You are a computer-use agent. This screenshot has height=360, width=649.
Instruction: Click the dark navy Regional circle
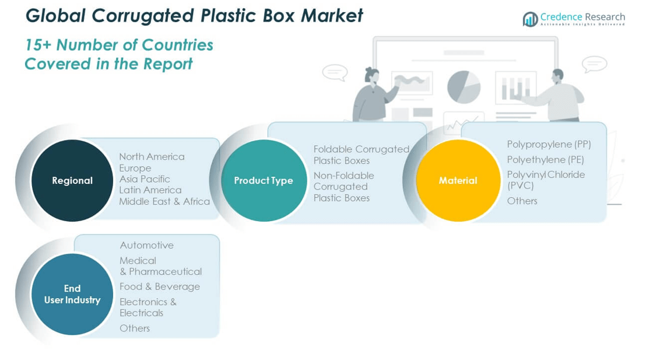(x=72, y=180)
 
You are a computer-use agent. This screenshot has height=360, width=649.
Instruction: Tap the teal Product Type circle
(x=264, y=180)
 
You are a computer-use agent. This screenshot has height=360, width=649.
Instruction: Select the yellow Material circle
(x=458, y=180)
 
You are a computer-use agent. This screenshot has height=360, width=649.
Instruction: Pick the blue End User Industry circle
(x=72, y=294)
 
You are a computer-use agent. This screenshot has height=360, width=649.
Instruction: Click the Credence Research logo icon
(x=530, y=19)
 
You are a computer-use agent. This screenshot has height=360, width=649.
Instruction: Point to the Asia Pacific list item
(x=145, y=179)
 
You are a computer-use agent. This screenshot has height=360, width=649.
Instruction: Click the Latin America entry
(x=150, y=190)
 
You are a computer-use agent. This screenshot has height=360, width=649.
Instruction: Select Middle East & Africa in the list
(x=164, y=201)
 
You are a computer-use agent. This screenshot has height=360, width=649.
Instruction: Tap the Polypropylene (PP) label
(x=549, y=144)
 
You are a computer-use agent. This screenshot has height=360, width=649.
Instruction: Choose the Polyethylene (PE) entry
(x=545, y=159)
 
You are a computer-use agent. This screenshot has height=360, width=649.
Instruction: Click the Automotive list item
(x=146, y=245)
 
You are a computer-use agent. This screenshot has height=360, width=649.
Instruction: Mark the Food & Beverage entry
(x=159, y=286)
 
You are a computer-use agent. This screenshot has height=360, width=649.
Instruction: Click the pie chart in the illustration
(x=464, y=86)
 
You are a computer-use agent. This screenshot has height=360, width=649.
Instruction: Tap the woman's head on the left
(x=372, y=75)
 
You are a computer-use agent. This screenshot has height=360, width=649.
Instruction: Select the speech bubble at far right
(x=594, y=64)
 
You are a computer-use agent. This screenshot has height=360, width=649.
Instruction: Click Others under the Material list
(x=522, y=201)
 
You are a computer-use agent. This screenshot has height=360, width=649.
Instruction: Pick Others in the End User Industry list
(x=135, y=328)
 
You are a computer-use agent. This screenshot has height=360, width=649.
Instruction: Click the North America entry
(x=152, y=156)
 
